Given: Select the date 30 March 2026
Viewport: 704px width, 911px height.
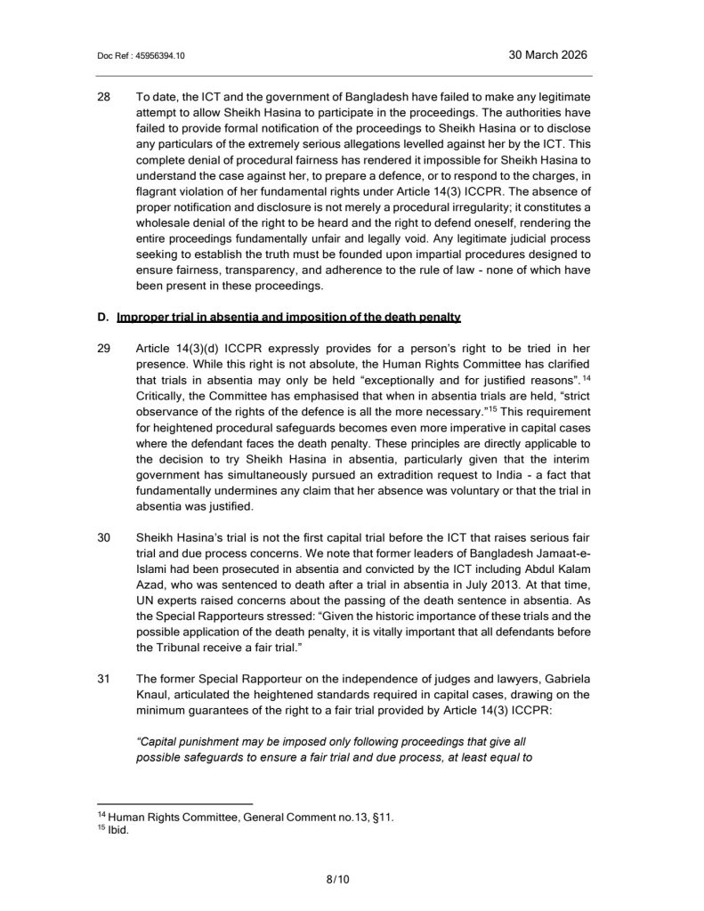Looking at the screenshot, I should pos(547,54).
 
